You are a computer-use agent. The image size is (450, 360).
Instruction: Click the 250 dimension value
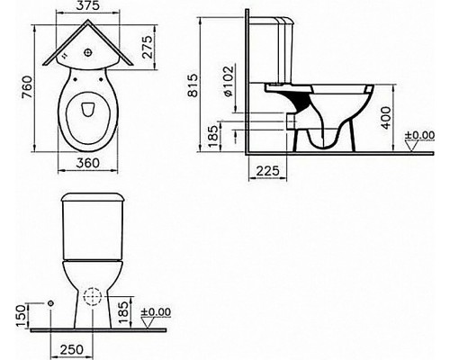click(x=69, y=348)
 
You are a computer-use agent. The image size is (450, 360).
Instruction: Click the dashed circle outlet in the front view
click(x=92, y=298)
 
